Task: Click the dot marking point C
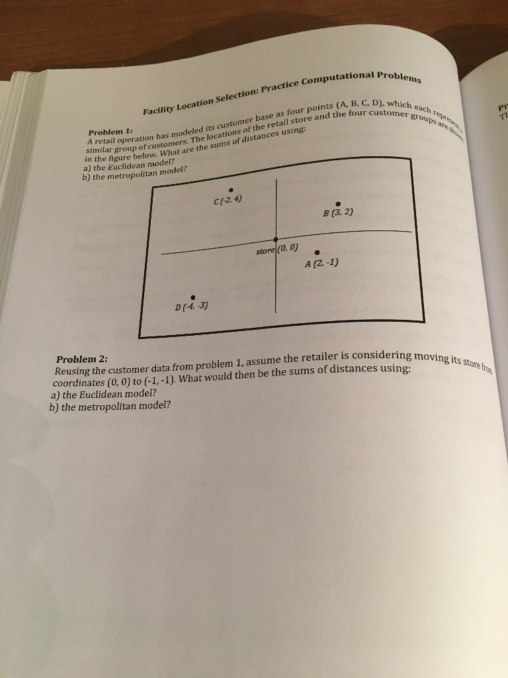[x=231, y=189]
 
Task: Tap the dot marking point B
[x=338, y=203]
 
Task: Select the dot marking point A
[x=318, y=252]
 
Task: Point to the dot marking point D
[x=192, y=297]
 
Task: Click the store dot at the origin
[x=276, y=238]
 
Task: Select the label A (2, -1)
[x=321, y=264]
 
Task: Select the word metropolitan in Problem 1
[x=128, y=173]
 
